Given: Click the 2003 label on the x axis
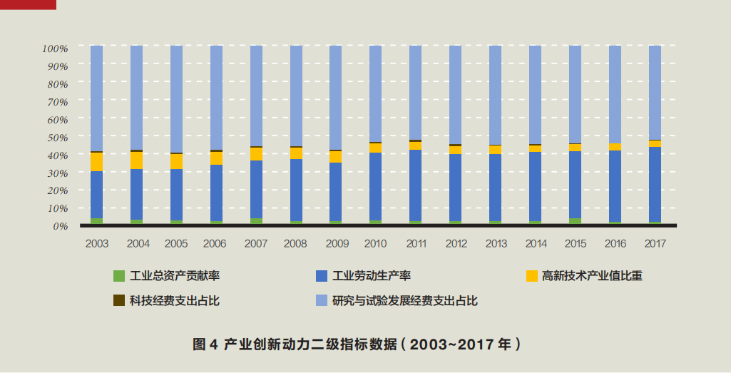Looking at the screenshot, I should pyautogui.click(x=97, y=244).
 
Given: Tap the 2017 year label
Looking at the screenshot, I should pyautogui.click(x=655, y=244).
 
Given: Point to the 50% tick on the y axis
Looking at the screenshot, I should pyautogui.click(x=55, y=137).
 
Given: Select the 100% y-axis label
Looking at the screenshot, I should pyautogui.click(x=55, y=48).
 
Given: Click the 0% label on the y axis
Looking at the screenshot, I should pyautogui.click(x=58, y=226).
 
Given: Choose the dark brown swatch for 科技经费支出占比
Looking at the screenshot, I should pyautogui.click(x=119, y=300).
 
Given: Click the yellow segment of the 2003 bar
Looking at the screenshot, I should pyautogui.click(x=97, y=162).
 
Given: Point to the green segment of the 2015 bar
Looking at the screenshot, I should pyautogui.click(x=575, y=220).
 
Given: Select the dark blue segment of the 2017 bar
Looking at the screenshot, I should pyautogui.click(x=655, y=184).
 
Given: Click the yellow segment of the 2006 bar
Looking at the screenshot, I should pyautogui.click(x=216, y=158).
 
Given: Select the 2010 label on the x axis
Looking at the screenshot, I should pyautogui.click(x=375, y=244).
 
